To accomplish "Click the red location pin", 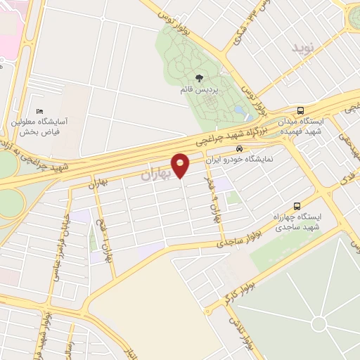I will pos(181,165).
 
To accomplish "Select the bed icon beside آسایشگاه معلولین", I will pos(41,112).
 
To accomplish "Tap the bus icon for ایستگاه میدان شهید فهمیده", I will pos(301,111).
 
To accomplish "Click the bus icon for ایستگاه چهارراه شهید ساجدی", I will pos(297,207).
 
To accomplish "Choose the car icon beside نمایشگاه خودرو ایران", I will pos(240,149).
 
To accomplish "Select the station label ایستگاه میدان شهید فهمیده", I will pos(302,126).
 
